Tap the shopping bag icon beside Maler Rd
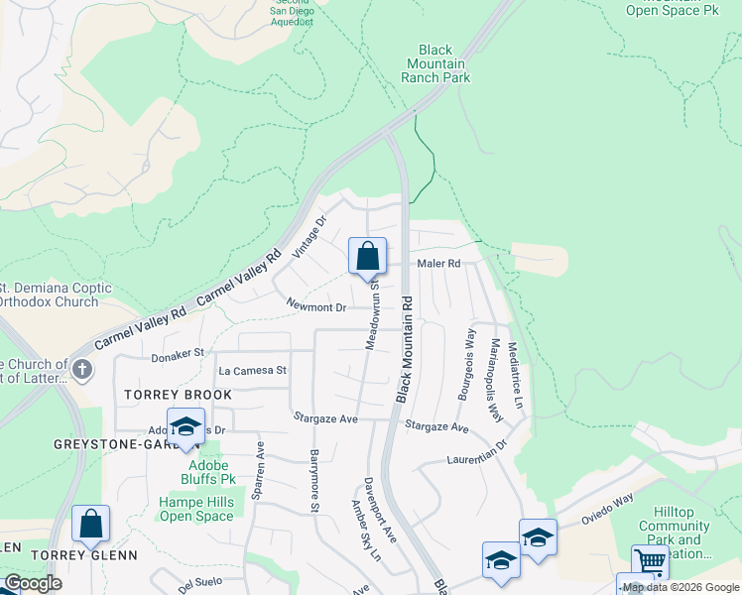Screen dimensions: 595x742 pyautogui.click(x=367, y=257)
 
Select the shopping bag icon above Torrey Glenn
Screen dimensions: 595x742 pyautogui.click(x=90, y=525)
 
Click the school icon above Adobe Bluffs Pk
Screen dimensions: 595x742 pyautogui.click(x=185, y=427)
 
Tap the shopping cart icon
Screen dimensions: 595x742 pyautogui.click(x=650, y=562)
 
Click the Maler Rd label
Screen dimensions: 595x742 pyautogui.click(x=439, y=264)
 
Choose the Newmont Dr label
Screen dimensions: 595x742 pyautogui.click(x=315, y=307)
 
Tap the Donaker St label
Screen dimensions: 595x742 pyautogui.click(x=177, y=352)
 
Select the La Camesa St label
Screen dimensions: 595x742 pyautogui.click(x=252, y=370)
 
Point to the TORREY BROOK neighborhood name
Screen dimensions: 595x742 pyautogui.click(x=179, y=395)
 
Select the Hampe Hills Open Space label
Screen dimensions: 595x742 pyautogui.click(x=197, y=509)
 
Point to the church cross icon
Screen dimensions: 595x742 pyautogui.click(x=81, y=371)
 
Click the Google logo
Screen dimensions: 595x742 pyautogui.click(x=33, y=583)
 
